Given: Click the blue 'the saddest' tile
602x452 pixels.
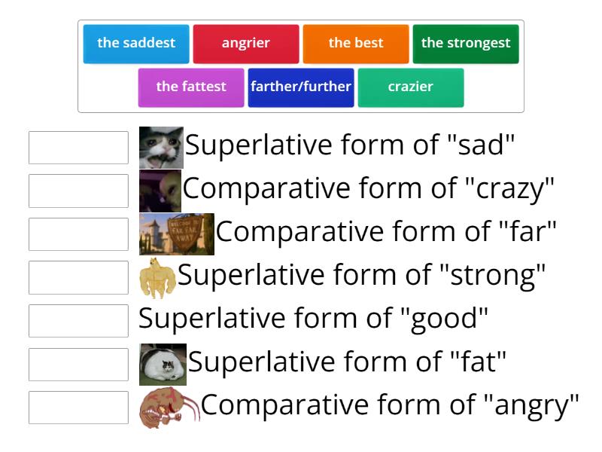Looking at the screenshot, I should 136,44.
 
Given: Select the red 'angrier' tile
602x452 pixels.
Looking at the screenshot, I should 246,44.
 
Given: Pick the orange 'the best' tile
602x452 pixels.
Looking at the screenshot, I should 356,44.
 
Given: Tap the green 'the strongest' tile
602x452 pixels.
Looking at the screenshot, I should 466,44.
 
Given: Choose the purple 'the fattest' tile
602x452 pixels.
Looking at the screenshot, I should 191,87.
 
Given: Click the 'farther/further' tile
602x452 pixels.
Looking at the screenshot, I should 301,87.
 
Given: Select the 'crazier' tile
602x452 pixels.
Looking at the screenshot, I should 411,87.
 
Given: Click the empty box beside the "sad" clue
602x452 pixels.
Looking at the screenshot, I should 78,148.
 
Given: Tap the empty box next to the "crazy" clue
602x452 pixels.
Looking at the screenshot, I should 78,191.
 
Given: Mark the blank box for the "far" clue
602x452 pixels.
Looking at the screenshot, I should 78,234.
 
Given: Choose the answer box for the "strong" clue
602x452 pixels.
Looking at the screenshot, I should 78,277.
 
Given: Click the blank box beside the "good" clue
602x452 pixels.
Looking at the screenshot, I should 78,321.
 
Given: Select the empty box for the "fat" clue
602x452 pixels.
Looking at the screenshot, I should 78,364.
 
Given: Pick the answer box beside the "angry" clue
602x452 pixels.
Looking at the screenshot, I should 78,408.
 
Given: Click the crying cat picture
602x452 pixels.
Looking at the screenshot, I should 161,148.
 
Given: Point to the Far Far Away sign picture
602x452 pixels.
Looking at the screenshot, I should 177,234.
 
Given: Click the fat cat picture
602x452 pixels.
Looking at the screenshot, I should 163,364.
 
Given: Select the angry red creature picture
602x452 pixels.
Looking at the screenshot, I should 169,408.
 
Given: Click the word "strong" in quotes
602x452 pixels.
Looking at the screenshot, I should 493,276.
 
